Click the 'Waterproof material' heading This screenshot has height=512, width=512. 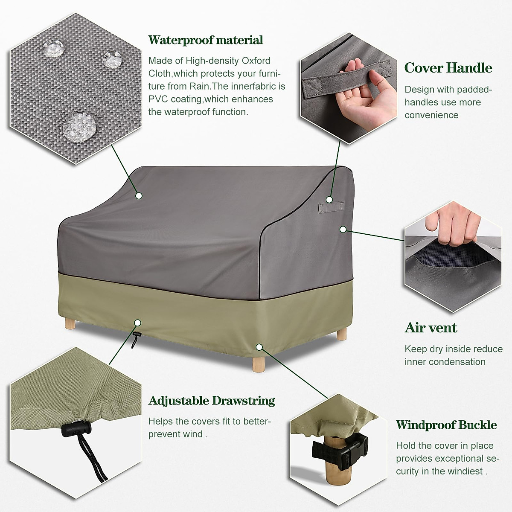[206, 40]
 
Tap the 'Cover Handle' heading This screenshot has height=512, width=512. [448, 68]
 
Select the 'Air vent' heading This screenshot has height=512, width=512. [431, 328]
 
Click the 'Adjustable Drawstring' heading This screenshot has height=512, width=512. [212, 401]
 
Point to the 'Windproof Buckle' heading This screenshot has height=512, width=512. [446, 425]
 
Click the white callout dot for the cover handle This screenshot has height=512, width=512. [329, 199]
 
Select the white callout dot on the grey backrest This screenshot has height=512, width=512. [139, 195]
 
